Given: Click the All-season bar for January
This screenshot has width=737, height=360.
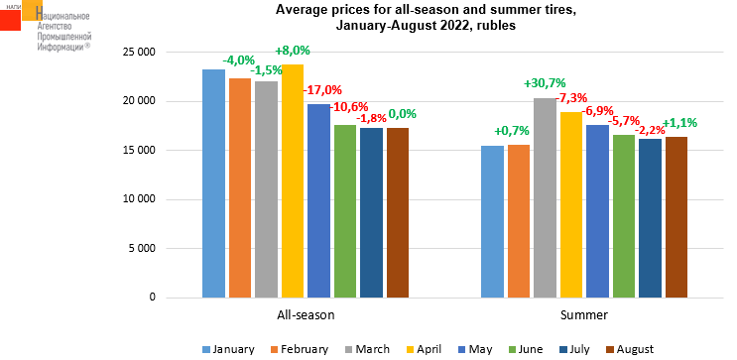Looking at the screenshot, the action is pyautogui.click(x=213, y=183).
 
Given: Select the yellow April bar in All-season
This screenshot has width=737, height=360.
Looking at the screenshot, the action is pyautogui.click(x=293, y=180).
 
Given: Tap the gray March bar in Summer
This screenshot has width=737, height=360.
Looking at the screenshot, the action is pyautogui.click(x=545, y=198).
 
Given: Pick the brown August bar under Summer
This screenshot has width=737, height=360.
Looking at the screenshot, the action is pyautogui.click(x=676, y=217).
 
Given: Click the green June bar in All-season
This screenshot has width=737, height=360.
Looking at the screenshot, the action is pyautogui.click(x=345, y=211).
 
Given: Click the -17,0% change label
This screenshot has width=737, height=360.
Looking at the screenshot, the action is pyautogui.click(x=322, y=90).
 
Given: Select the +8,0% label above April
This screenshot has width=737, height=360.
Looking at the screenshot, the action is pyautogui.click(x=293, y=51).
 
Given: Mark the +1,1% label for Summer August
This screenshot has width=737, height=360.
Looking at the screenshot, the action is pyautogui.click(x=679, y=124).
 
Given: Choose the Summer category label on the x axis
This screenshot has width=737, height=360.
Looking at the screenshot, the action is pyautogui.click(x=584, y=315).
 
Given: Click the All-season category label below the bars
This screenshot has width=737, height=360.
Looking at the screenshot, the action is pyautogui.click(x=306, y=315).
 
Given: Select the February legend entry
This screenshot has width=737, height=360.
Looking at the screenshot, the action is pyautogui.click(x=299, y=349).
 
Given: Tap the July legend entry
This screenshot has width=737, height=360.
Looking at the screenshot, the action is pyautogui.click(x=574, y=349).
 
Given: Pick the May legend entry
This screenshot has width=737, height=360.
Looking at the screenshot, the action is pyautogui.click(x=476, y=349).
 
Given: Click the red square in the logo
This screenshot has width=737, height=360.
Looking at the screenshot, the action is pyautogui.click(x=10, y=20).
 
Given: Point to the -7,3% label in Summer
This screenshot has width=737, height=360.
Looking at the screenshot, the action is pyautogui.click(x=571, y=99).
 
